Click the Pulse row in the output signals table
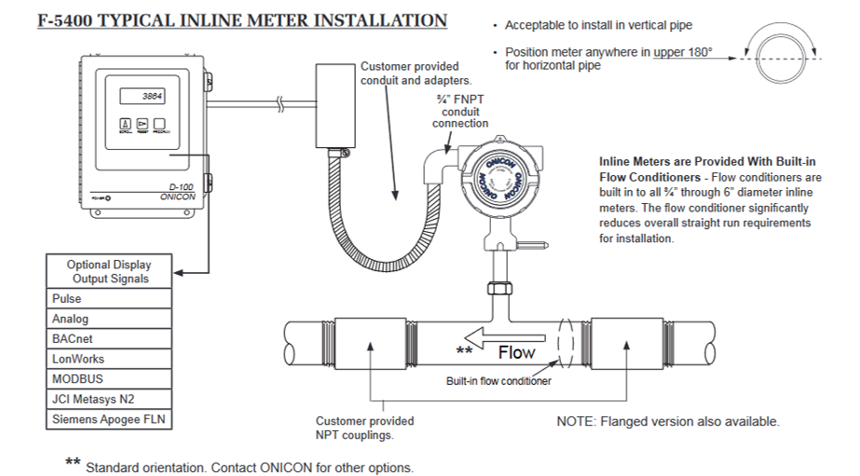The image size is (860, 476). (109, 299)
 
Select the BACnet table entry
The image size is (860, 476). (109, 339)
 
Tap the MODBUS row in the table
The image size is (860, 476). (109, 379)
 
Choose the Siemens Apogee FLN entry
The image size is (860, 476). (109, 419)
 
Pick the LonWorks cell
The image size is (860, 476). (109, 360)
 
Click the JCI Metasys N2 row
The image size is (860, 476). (109, 400)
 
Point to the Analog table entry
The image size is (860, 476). (109, 320)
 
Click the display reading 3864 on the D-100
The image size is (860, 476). (149, 96)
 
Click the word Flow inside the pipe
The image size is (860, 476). (516, 353)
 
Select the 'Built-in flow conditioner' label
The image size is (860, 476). (498, 381)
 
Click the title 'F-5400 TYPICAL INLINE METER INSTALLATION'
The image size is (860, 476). (241, 20)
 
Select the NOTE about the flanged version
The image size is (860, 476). (667, 421)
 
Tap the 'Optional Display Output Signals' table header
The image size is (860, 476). (109, 271)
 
